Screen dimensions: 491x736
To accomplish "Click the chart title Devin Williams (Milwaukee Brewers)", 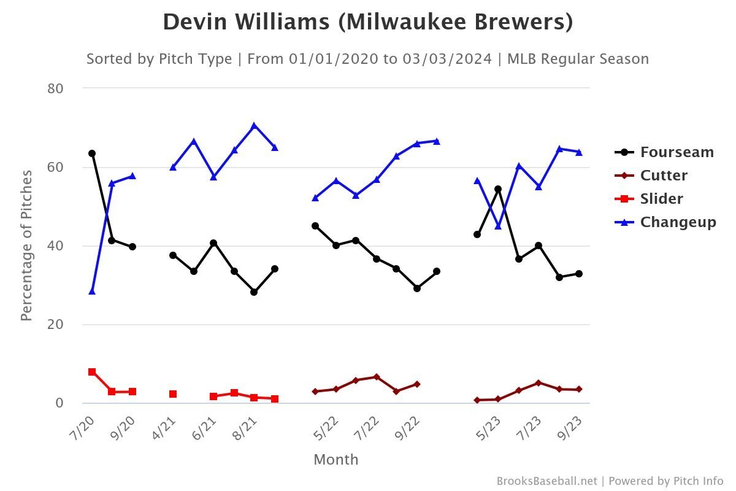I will tap(368, 23).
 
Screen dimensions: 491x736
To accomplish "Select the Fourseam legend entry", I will tap(677, 152).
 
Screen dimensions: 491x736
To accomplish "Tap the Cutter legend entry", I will tap(664, 176).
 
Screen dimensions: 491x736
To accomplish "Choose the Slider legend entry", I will tap(661, 199).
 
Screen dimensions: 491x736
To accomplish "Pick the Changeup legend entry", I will tap(678, 222).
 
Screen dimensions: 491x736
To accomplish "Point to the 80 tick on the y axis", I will tap(56, 88).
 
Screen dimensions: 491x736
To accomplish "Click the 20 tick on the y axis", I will tap(56, 324).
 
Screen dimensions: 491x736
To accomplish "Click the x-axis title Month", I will tap(335, 460).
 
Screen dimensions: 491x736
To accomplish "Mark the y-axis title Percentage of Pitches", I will tap(26, 245).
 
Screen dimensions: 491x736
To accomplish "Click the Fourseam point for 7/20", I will tap(92, 153).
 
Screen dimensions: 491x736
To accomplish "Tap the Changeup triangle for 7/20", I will tap(92, 291).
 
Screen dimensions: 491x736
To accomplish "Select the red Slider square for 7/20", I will tap(92, 372).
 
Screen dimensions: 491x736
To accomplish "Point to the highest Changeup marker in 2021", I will tap(254, 126).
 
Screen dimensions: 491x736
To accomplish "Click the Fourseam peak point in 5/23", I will tap(498, 189).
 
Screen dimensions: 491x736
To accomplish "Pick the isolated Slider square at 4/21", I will tap(173, 394).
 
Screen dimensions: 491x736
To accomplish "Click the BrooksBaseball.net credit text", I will tap(546, 481).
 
